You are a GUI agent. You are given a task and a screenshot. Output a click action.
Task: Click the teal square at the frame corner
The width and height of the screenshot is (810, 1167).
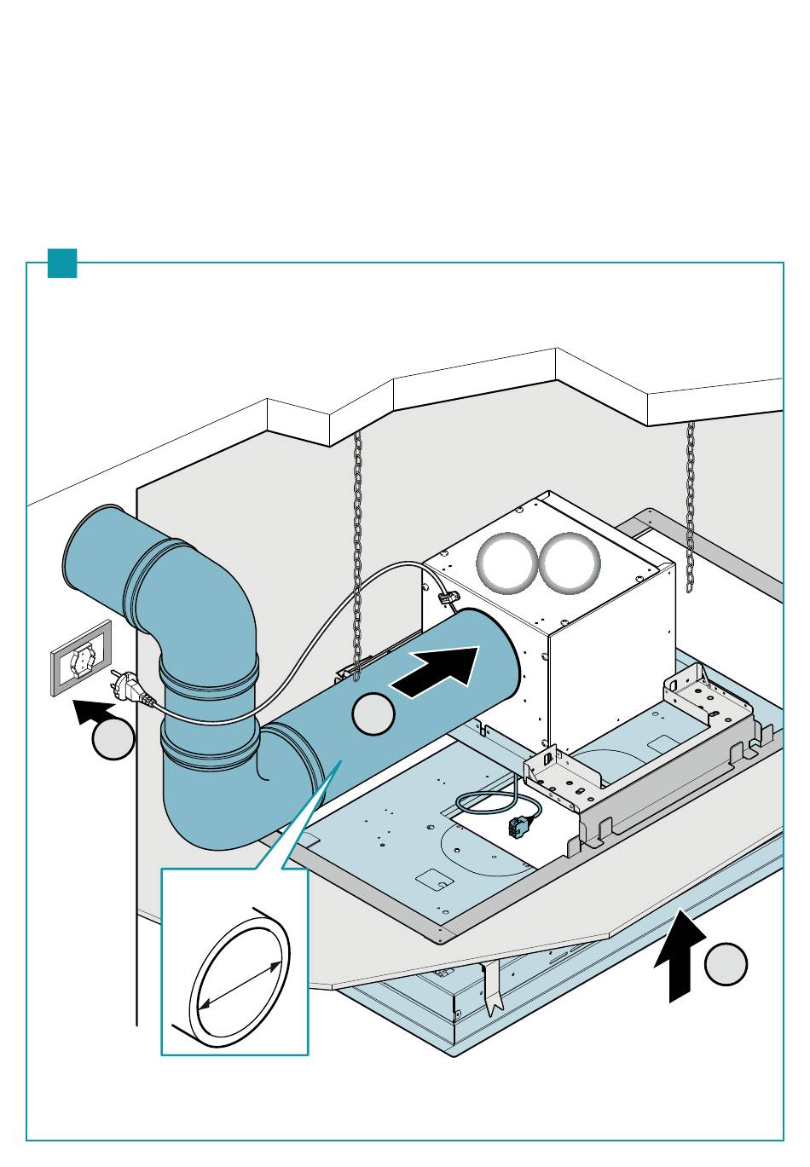(x=62, y=263)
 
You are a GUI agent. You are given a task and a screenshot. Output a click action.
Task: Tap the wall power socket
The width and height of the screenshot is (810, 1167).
(x=82, y=658)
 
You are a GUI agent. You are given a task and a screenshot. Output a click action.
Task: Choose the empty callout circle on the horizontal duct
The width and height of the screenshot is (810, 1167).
(x=373, y=714)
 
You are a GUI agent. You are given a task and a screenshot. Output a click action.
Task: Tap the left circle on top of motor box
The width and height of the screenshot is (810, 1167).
(x=506, y=563)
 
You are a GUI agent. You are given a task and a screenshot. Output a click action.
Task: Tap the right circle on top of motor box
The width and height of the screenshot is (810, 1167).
(x=570, y=563)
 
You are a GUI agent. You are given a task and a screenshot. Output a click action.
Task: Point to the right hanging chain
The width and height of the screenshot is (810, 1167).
(x=690, y=503)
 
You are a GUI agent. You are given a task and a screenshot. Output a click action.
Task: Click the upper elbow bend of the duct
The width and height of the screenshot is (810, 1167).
(x=205, y=588)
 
